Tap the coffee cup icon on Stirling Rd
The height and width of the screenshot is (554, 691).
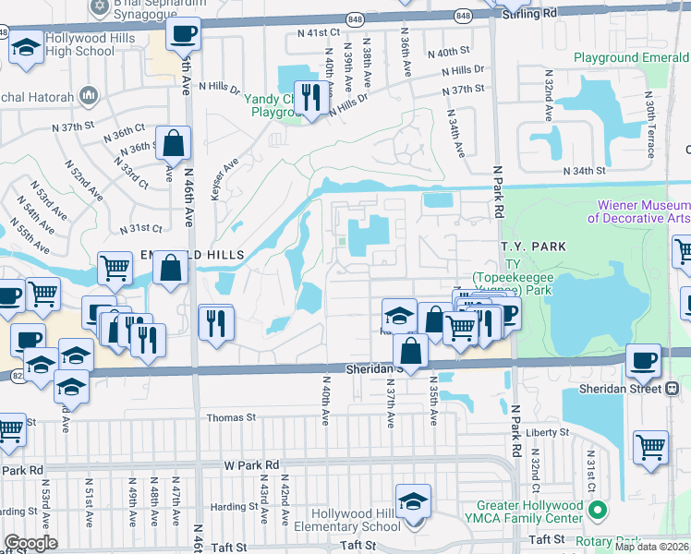point(183,35)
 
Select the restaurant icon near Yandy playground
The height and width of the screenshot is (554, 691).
point(309,97)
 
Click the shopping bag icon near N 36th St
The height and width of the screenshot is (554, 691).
point(173,145)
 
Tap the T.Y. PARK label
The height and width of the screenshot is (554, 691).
point(525,247)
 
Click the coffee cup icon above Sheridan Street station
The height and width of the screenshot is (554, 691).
point(643,359)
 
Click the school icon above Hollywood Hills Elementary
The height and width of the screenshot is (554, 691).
point(412,501)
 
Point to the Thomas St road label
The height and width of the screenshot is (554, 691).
point(231,417)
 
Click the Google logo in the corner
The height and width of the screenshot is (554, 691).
point(30,543)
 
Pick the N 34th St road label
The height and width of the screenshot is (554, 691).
point(584,171)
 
